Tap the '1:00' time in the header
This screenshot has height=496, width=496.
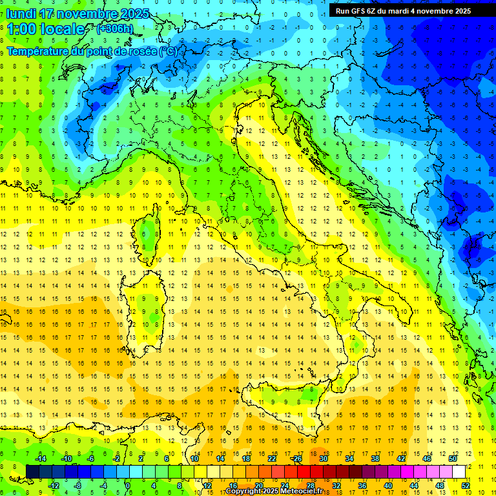click(21, 29)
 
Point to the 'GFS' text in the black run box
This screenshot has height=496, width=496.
click(360, 11)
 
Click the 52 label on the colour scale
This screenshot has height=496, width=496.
click(465, 486)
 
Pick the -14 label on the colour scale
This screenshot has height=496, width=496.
click(40, 459)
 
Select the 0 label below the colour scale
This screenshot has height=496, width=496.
click(128, 486)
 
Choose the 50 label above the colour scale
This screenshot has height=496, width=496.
click(452, 459)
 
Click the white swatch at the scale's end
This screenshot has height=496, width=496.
click(459, 472)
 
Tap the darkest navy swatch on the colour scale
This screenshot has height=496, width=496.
click(32, 472)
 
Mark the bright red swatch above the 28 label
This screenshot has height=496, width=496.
click(304, 472)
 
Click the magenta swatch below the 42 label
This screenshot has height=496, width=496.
click(394, 472)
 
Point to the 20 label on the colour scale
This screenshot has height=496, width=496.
click(258, 486)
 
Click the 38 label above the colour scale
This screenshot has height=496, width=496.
click(375, 459)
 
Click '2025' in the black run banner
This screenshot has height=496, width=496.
click(459, 11)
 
